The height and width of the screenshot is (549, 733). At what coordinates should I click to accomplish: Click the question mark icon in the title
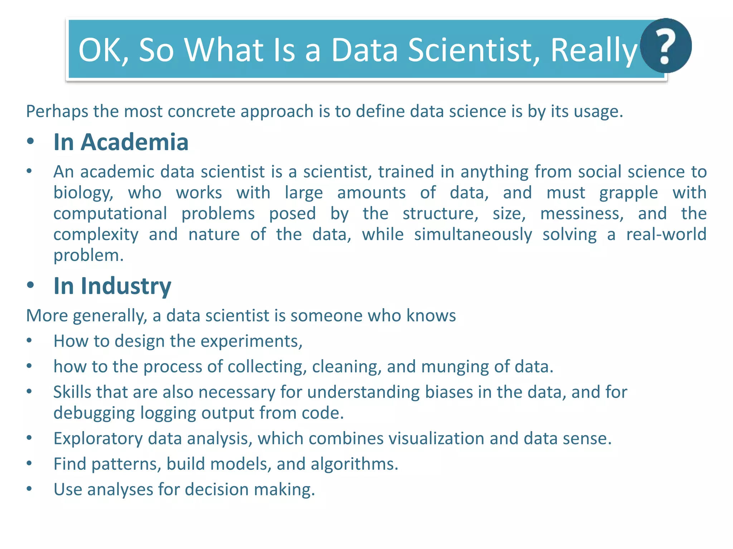[665, 46]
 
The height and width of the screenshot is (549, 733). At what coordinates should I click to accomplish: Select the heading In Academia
[121, 142]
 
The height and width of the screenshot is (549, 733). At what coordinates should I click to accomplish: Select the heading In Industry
[112, 286]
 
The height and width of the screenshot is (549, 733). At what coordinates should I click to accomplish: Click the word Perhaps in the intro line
[57, 112]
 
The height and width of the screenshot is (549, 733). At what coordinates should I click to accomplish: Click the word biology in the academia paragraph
[83, 193]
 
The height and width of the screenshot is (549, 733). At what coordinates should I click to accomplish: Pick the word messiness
[582, 214]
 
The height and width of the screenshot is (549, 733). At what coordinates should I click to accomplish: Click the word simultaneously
[473, 234]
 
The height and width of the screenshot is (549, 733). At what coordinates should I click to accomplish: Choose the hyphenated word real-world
[666, 234]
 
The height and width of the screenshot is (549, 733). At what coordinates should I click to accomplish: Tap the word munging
[455, 367]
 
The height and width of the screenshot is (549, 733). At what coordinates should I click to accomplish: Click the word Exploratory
[98, 439]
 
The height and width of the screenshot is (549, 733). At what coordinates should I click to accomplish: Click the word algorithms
[354, 464]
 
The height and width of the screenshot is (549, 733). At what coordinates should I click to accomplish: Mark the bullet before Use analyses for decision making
[29, 489]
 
